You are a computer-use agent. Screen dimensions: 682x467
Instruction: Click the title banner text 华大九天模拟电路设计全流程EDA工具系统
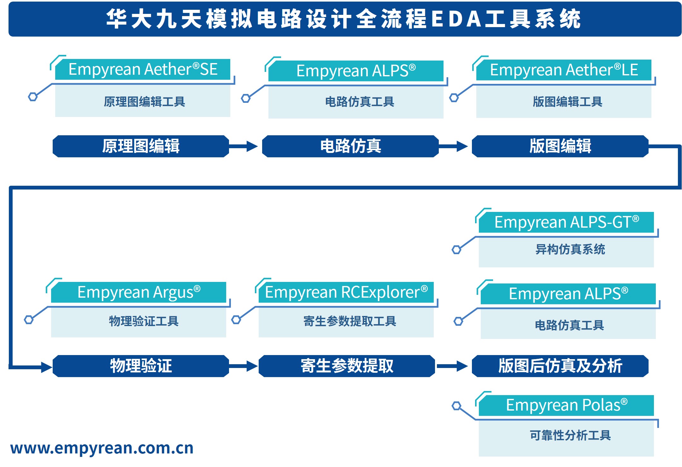tap(343, 19)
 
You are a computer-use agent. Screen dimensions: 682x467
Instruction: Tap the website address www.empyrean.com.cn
tap(102, 448)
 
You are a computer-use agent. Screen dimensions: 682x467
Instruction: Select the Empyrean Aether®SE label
tap(143, 69)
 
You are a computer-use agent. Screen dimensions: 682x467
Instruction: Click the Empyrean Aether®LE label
tap(564, 70)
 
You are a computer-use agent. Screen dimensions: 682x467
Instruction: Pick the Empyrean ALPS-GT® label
tap(566, 222)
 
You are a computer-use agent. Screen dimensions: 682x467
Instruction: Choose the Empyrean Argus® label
tap(138, 292)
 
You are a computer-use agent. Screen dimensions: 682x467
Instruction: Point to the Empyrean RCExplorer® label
tap(346, 292)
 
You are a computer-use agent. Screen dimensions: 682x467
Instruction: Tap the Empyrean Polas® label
tap(566, 405)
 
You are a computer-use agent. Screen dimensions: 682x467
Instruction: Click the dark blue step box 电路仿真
tap(350, 146)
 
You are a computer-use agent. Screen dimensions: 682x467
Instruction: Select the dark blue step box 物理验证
tap(141, 366)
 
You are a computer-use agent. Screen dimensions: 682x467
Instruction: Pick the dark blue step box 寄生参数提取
tap(347, 366)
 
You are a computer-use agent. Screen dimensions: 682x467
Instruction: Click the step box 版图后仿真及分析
tap(560, 366)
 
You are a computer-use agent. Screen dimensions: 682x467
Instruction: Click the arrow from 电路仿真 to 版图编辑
tap(453, 146)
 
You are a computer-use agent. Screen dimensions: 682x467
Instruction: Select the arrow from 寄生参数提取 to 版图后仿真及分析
tap(452, 366)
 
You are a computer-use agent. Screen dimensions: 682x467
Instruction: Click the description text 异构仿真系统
tap(570, 249)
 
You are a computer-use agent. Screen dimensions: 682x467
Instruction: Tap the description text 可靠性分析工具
tap(570, 435)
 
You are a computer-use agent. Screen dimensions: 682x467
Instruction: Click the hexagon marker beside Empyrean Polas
tap(456, 406)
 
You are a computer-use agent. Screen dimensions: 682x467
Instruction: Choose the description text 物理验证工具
tap(144, 321)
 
